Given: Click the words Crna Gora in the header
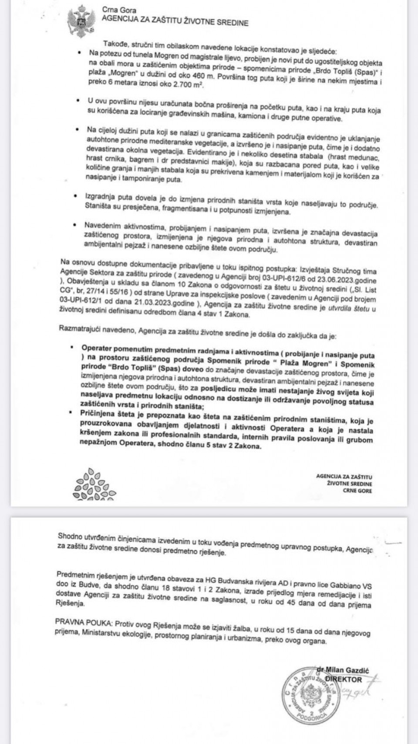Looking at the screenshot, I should tap(119, 10).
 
